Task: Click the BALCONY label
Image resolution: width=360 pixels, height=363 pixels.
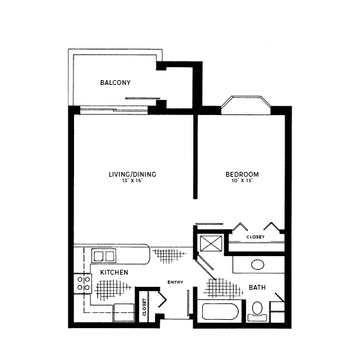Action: pyautogui.click(x=115, y=83)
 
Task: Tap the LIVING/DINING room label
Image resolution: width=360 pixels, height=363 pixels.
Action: pyautogui.click(x=132, y=175)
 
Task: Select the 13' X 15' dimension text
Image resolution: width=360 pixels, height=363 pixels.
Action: pyautogui.click(x=132, y=181)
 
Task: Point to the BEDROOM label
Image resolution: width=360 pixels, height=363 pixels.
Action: pyautogui.click(x=242, y=175)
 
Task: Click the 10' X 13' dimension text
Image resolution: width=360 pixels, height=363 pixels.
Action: pyautogui.click(x=242, y=181)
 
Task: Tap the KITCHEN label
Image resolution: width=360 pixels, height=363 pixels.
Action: pyautogui.click(x=114, y=273)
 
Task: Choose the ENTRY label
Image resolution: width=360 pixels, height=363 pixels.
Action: pyautogui.click(x=176, y=282)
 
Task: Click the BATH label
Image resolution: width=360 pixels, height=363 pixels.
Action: pyautogui.click(x=257, y=288)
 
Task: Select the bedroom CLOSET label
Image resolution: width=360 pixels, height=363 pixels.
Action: pyautogui.click(x=256, y=237)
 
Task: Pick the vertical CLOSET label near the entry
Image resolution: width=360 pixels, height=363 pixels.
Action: pyautogui.click(x=145, y=308)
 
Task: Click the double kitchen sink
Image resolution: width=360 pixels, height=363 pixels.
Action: pyautogui.click(x=104, y=256)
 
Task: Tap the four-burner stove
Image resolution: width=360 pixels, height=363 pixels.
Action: pyautogui.click(x=83, y=284)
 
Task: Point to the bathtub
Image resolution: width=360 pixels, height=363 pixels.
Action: pyautogui.click(x=220, y=312)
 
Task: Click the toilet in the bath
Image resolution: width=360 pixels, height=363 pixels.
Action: pyautogui.click(x=257, y=312)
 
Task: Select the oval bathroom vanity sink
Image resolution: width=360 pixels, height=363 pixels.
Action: pyautogui.click(x=258, y=264)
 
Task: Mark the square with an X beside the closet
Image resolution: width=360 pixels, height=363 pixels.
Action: pyautogui.click(x=211, y=243)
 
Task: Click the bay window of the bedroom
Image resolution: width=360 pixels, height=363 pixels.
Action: pyautogui.click(x=246, y=105)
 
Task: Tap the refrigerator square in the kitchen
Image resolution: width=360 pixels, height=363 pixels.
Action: pyautogui.click(x=124, y=312)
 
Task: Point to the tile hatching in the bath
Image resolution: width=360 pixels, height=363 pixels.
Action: pyautogui.click(x=223, y=288)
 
